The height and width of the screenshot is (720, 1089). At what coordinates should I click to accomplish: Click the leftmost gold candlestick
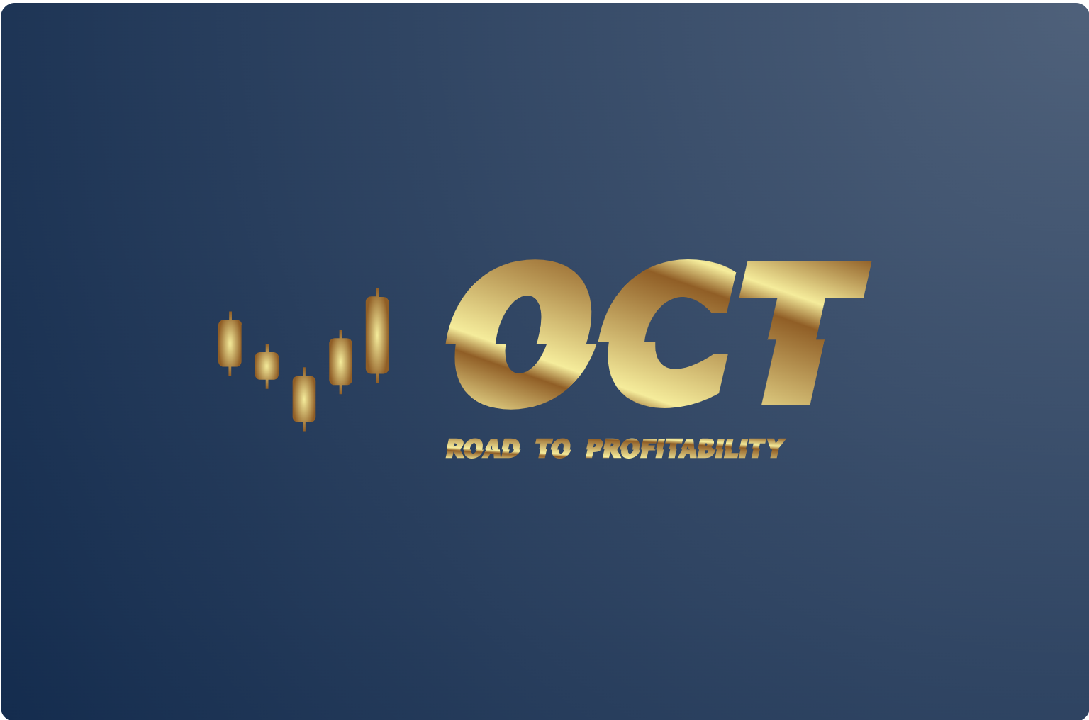[x=230, y=344]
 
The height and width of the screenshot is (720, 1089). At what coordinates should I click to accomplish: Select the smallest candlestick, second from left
[x=267, y=366]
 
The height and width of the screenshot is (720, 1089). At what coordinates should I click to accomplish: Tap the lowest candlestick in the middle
[x=304, y=399]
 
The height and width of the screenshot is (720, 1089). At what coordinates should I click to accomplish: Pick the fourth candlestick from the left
[x=340, y=361]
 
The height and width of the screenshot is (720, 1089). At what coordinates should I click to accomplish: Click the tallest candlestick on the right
[x=377, y=335]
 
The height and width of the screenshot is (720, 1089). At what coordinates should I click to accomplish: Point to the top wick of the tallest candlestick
[x=377, y=293]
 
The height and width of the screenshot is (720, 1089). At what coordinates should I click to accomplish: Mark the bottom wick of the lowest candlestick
[x=304, y=427]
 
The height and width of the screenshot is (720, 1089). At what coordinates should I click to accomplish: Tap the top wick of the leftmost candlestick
[x=230, y=316]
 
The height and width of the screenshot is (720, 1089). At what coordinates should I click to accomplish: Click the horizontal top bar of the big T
[x=805, y=279]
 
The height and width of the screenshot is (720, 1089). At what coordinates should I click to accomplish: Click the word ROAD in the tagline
[x=483, y=448]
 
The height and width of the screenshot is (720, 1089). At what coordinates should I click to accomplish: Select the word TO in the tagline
[x=553, y=448]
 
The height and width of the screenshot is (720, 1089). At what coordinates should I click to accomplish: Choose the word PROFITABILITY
[x=686, y=448]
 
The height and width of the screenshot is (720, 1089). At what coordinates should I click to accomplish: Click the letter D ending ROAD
[x=511, y=448]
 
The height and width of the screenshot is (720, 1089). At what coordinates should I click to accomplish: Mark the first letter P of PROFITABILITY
[x=595, y=448]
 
